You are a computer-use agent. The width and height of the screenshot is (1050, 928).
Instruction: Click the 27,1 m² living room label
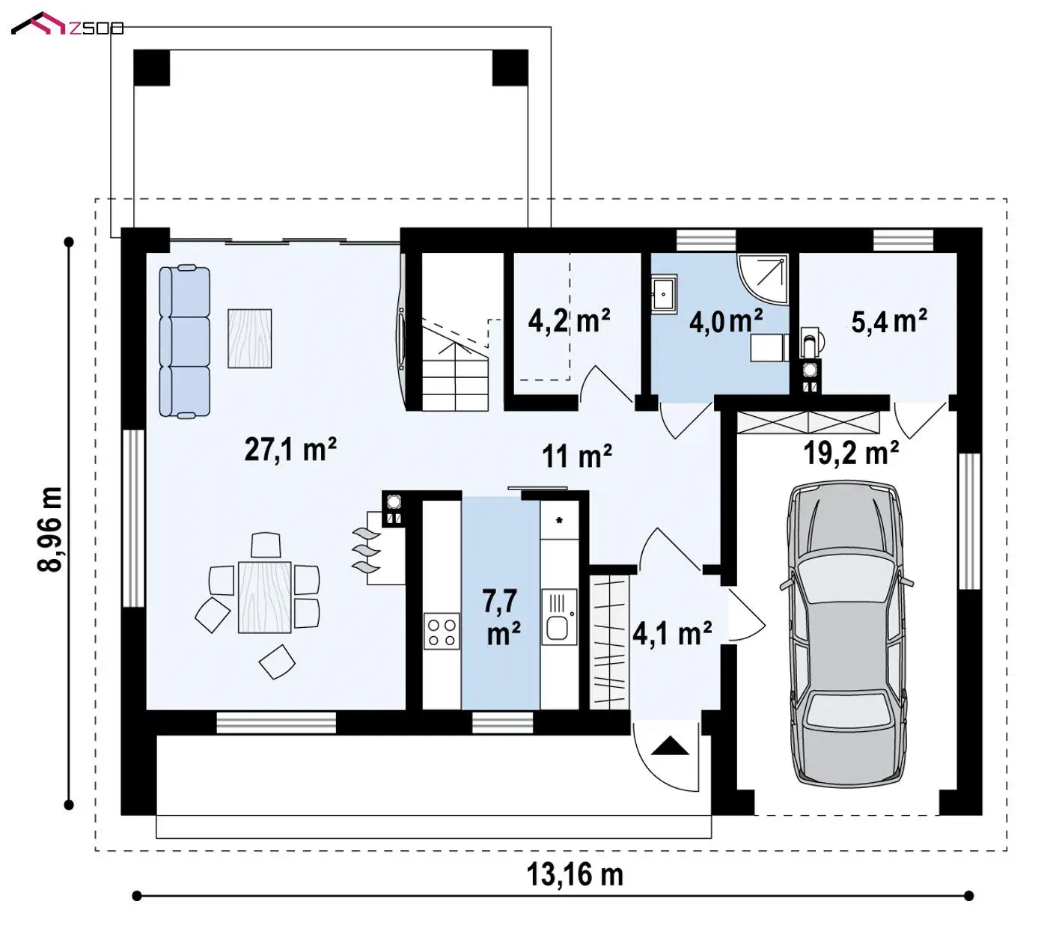pos(290,449)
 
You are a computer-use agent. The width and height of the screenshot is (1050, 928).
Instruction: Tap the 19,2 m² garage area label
pos(851,453)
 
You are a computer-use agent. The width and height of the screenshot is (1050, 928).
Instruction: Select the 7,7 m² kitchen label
pos(501,617)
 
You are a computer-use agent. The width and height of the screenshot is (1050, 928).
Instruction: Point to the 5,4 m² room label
pos(889,321)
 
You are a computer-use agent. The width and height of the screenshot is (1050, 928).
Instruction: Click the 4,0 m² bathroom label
pos(725,321)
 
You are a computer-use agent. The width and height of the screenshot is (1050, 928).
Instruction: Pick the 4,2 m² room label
pos(569,320)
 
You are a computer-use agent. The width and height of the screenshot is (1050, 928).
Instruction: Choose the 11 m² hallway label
pos(577,457)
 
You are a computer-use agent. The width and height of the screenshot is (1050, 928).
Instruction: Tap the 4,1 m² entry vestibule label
pos(672,634)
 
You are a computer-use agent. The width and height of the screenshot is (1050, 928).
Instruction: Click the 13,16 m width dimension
pos(575,875)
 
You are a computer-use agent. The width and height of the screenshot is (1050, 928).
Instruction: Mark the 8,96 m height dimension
pos(50,529)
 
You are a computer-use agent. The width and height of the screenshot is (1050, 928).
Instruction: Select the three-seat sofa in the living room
pos(185,341)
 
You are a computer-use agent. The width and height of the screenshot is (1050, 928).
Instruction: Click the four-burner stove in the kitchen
pos(442,630)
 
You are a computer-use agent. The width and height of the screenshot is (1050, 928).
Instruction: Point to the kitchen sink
pos(559,617)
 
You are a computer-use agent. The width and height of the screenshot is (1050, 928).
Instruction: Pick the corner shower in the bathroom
pos(763,278)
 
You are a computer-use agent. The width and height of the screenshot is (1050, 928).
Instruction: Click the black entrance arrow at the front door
pos(670,745)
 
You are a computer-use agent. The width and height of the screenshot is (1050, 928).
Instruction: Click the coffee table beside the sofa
pos(249,338)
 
